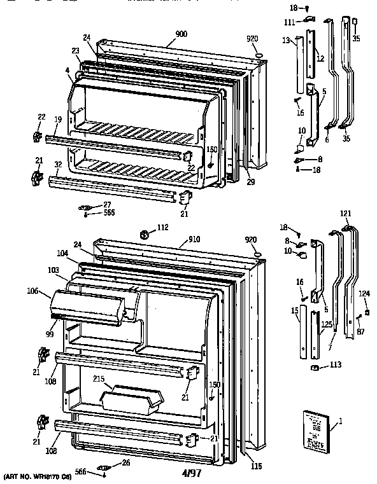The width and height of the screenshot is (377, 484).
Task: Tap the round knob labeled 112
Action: [145, 235]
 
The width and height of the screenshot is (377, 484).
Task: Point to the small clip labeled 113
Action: [314, 367]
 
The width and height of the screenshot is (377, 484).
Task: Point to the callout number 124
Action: [364, 293]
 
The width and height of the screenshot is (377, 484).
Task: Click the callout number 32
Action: [57, 163]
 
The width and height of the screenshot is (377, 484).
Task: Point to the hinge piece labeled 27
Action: [84, 206]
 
